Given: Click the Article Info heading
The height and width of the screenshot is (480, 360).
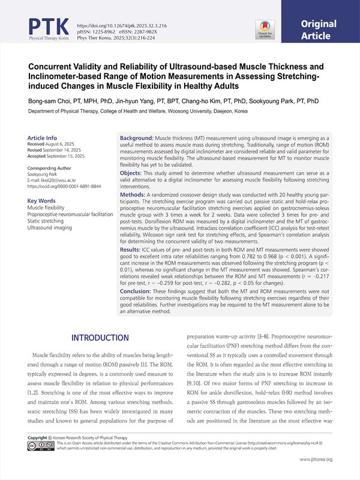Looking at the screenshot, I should point(43,137).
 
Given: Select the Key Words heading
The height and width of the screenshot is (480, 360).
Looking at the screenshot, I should point(44,200).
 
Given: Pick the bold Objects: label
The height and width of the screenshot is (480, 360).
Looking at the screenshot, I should point(134,172).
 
